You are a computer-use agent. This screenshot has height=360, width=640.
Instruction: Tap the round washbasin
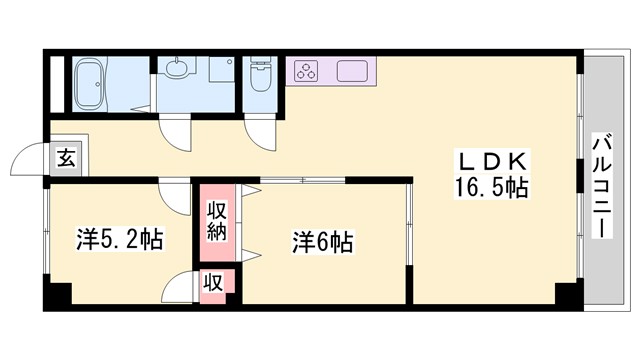(177, 70)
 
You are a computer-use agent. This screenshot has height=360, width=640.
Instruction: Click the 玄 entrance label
(66, 157)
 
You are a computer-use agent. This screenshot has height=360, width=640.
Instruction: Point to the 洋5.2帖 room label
(120, 239)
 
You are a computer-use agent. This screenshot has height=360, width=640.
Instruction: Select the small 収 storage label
(214, 282)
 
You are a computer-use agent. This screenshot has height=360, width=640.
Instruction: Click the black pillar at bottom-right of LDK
(566, 295)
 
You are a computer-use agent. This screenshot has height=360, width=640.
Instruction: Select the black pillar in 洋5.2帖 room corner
(59, 296)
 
